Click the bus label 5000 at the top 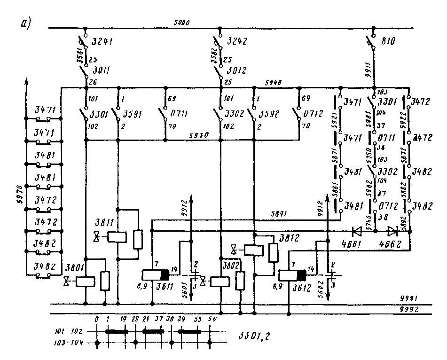point(180,23)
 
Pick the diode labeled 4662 point(393,231)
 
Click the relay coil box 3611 point(155,275)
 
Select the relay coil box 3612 point(291,275)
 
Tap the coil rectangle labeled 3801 point(86,282)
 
